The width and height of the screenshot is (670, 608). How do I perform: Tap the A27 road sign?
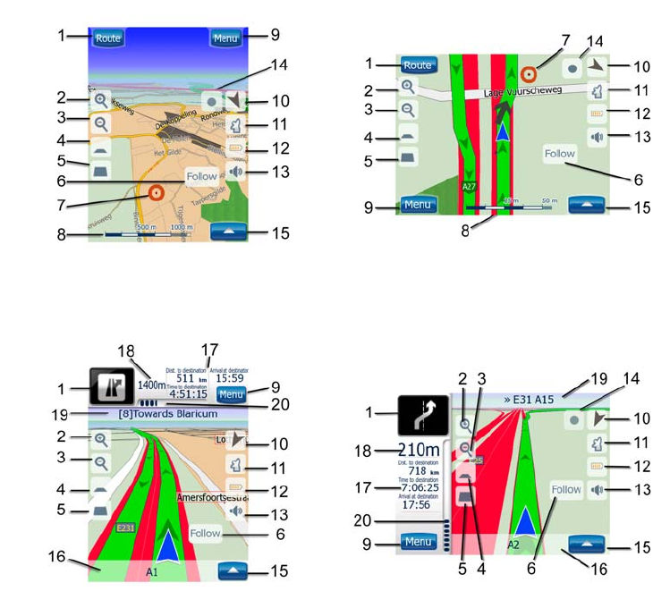point(468,187)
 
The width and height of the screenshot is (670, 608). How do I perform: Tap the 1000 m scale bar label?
point(182,227)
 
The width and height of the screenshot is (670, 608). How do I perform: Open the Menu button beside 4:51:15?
point(231,393)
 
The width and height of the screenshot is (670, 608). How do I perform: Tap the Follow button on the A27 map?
point(560,154)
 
